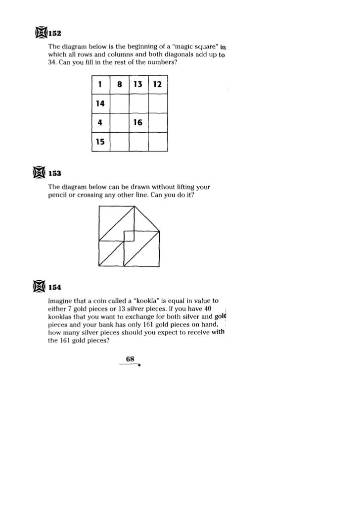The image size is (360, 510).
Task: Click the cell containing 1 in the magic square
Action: point(100,85)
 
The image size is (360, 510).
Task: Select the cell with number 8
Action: point(119,85)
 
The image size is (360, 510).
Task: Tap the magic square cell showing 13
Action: point(138,85)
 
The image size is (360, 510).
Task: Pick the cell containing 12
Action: point(157,85)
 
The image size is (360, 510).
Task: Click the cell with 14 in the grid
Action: point(100,103)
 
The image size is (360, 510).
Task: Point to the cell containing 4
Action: point(100,123)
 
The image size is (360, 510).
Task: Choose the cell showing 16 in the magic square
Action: point(138,123)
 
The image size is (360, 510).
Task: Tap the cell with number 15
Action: point(100,142)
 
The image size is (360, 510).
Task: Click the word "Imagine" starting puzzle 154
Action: point(59,301)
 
